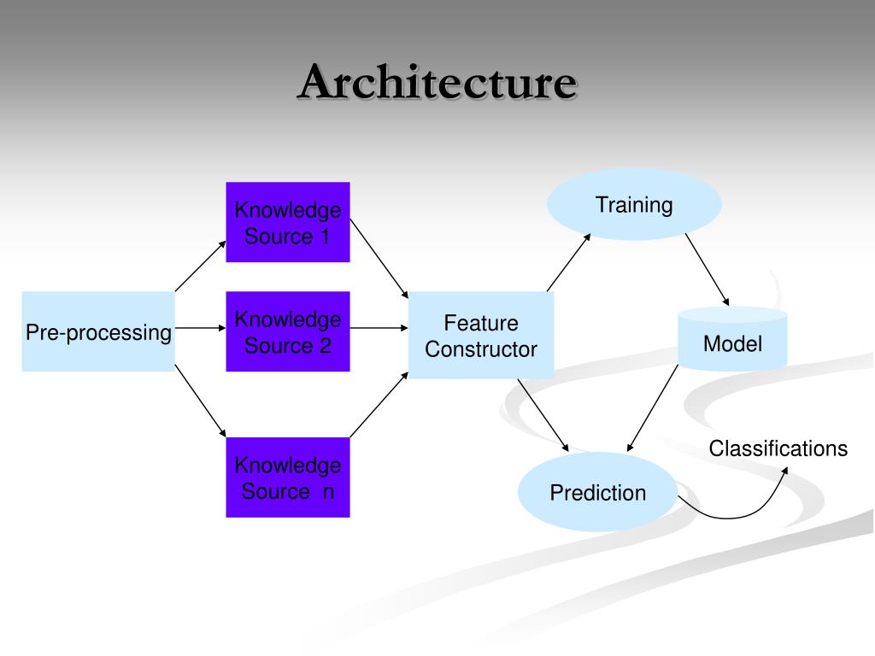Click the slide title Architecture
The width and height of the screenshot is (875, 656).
[x=437, y=84]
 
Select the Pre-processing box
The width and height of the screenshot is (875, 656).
[x=98, y=331]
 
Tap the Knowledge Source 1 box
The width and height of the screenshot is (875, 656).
[x=288, y=222]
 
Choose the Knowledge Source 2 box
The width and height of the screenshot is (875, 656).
[x=288, y=331]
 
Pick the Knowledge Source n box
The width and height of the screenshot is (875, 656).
[x=288, y=477]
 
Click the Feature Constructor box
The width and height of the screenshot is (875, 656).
[x=481, y=335]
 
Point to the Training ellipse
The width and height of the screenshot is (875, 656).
[x=634, y=205]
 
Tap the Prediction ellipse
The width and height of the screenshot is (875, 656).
[x=598, y=492]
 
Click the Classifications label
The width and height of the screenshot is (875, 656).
[x=778, y=448]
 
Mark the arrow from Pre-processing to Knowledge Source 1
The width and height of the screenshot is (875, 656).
[x=201, y=266]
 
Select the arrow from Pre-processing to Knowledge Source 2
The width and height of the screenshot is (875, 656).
[x=200, y=327]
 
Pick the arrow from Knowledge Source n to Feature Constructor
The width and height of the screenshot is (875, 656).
[x=379, y=407]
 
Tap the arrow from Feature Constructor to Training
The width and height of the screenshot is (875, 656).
[x=568, y=261]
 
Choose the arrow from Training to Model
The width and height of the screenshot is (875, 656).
[x=707, y=269]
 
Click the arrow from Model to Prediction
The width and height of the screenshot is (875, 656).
[x=654, y=407]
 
